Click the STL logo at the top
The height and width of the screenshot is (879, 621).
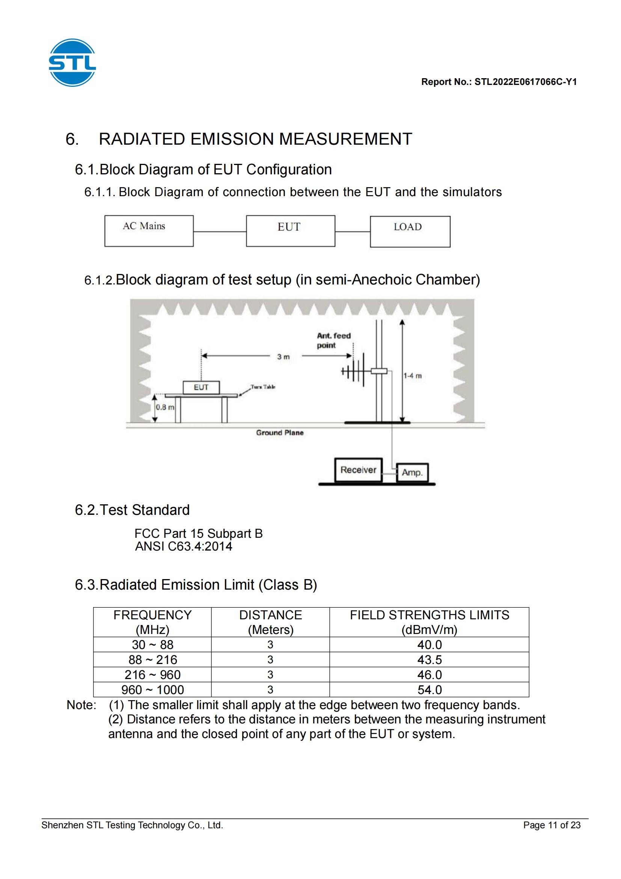pyautogui.click(x=72, y=62)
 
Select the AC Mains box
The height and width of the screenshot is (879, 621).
pyautogui.click(x=149, y=231)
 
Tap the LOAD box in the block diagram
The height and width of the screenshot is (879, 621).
pyautogui.click(x=410, y=231)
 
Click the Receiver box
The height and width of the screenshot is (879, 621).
pyautogui.click(x=358, y=470)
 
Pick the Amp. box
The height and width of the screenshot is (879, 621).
pyautogui.click(x=412, y=472)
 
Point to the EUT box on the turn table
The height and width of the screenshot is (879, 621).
pyautogui.click(x=201, y=387)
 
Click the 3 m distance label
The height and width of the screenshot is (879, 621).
pyautogui.click(x=283, y=357)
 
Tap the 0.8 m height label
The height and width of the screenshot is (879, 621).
pyautogui.click(x=165, y=407)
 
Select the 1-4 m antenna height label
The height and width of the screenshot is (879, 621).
pyautogui.click(x=413, y=376)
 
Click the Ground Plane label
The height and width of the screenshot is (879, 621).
pyautogui.click(x=280, y=433)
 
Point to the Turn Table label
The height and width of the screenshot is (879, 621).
pyautogui.click(x=263, y=387)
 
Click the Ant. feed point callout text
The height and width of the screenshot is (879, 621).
pyautogui.click(x=333, y=340)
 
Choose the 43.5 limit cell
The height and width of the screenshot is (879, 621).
pyautogui.click(x=430, y=660)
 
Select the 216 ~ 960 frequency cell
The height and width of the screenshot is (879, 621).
pyautogui.click(x=152, y=675)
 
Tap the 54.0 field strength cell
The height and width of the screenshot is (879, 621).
pyautogui.click(x=430, y=690)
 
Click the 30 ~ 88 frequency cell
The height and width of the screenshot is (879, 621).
pyautogui.click(x=152, y=645)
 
